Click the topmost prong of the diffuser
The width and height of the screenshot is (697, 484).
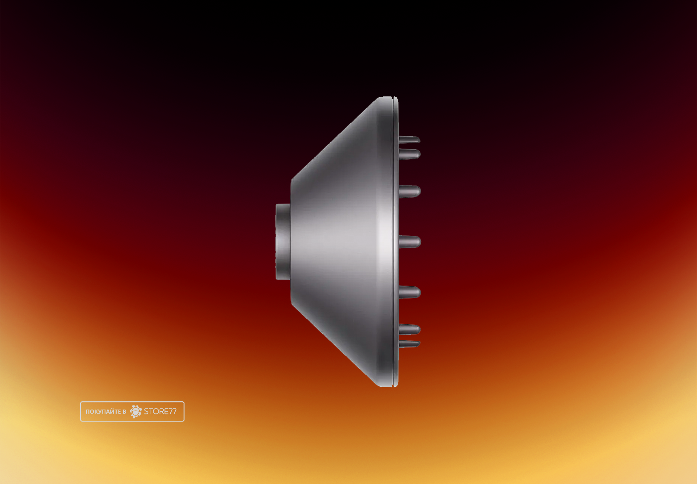tap(410, 140)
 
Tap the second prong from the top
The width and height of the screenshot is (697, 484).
tap(410, 154)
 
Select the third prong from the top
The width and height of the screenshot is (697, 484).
tap(410, 191)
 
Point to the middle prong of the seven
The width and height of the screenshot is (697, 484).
tap(410, 242)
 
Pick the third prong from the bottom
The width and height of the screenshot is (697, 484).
tap(410, 292)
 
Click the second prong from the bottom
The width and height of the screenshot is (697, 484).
tap(410, 329)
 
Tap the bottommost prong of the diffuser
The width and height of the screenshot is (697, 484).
tap(410, 344)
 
